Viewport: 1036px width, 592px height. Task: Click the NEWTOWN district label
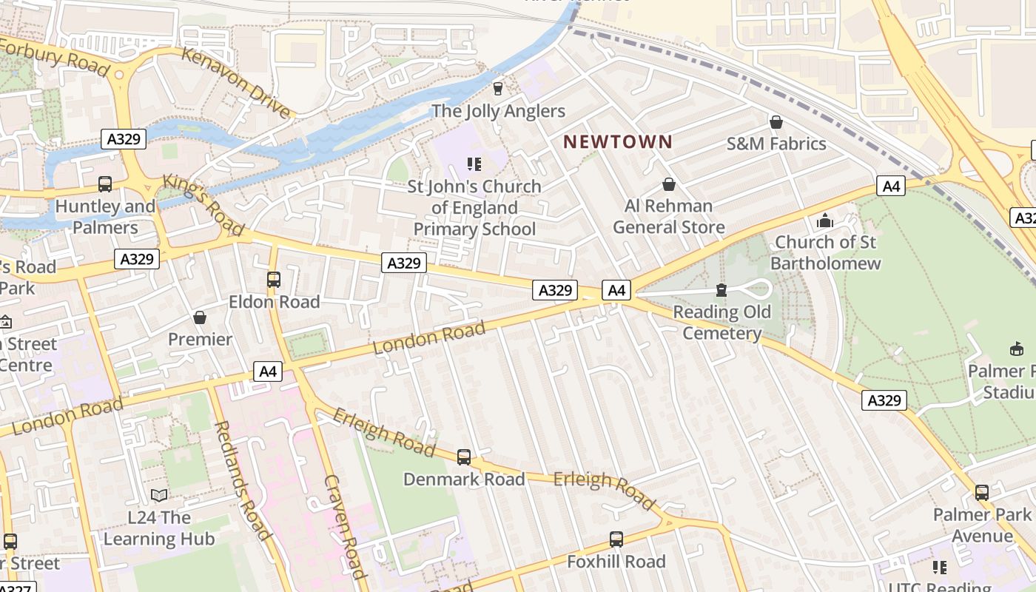pyautogui.click(x=618, y=141)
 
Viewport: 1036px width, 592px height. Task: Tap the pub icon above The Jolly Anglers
pyautogui.click(x=497, y=88)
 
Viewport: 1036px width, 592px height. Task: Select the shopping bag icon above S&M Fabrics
pyautogui.click(x=776, y=121)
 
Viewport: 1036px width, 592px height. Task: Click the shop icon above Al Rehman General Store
pyautogui.click(x=669, y=184)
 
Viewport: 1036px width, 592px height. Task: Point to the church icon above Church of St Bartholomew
pyautogui.click(x=825, y=220)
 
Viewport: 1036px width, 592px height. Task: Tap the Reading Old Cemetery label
pyautogui.click(x=721, y=322)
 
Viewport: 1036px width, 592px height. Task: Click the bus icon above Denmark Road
pyautogui.click(x=464, y=457)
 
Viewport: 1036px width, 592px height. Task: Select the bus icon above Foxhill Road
pyautogui.click(x=616, y=539)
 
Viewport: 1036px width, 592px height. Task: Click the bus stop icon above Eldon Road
pyautogui.click(x=274, y=279)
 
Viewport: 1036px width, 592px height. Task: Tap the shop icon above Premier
pyautogui.click(x=200, y=317)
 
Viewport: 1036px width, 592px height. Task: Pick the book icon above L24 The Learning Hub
pyautogui.click(x=158, y=495)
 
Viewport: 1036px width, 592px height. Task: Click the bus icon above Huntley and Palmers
pyautogui.click(x=105, y=184)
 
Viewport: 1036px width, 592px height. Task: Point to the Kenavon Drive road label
pyautogui.click(x=236, y=82)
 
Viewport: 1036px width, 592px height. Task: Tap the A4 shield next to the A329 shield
pyautogui.click(x=616, y=290)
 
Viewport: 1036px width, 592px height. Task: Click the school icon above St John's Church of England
pyautogui.click(x=474, y=164)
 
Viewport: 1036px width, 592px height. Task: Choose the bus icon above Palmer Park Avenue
pyautogui.click(x=982, y=492)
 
